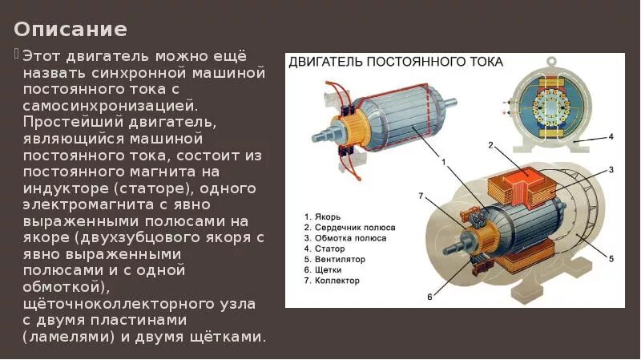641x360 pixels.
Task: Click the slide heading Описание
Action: click(71, 30)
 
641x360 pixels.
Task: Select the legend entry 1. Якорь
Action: click(324, 216)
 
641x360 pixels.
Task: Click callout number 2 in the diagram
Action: click(490, 146)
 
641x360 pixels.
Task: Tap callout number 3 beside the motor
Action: click(611, 170)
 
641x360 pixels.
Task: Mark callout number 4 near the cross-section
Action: click(611, 137)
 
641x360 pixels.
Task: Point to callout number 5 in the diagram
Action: click(611, 258)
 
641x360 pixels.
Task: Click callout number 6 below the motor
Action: click(429, 297)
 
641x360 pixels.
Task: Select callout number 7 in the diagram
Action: click(421, 196)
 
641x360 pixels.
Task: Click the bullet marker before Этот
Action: click(16, 55)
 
